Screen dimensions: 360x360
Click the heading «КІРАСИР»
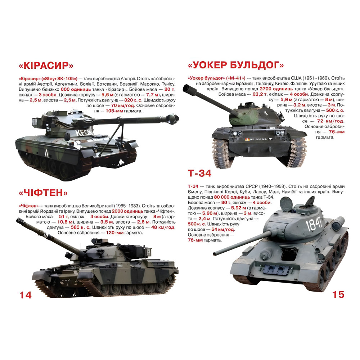[x=46, y=66]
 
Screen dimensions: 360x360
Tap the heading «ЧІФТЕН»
[x=43, y=192]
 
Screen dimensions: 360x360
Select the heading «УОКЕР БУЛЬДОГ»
[x=236, y=65]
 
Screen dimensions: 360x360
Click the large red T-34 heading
[x=199, y=173]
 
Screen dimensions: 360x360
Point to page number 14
[x=26, y=295]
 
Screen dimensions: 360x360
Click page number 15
[x=338, y=294]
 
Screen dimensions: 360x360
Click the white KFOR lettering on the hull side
[x=84, y=133]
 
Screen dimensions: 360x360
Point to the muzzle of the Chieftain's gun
[x=19, y=221]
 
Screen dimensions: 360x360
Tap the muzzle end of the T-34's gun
[x=215, y=254]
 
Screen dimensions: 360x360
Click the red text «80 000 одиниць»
[x=232, y=197]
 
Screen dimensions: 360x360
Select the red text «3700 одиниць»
[x=276, y=89]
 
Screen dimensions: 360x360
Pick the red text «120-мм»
[x=114, y=233]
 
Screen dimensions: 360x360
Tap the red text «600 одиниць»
[x=76, y=90]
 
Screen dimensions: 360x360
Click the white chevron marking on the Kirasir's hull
[x=46, y=153]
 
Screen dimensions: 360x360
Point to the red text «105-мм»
[x=114, y=111]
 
